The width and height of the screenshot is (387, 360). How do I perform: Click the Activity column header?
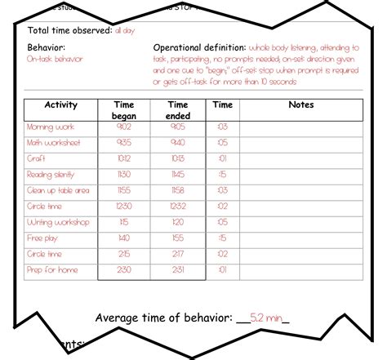point(60,105)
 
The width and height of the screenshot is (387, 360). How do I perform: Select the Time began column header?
point(124,110)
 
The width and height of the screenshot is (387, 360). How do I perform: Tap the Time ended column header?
point(178,110)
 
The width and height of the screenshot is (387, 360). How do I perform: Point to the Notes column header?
point(300,105)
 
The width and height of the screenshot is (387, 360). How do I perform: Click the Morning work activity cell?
point(51,127)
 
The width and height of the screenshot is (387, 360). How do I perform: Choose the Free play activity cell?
point(44,238)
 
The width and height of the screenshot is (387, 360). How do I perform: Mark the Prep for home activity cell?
point(52,269)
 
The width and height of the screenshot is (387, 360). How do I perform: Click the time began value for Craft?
point(124,159)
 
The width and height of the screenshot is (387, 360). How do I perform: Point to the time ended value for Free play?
point(178,238)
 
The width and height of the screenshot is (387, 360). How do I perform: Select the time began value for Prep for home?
point(124,269)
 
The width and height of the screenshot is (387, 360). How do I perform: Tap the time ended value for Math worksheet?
point(178,143)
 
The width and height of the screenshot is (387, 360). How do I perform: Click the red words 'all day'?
point(125,30)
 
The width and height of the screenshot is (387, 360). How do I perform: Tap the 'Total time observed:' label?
point(69,30)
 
